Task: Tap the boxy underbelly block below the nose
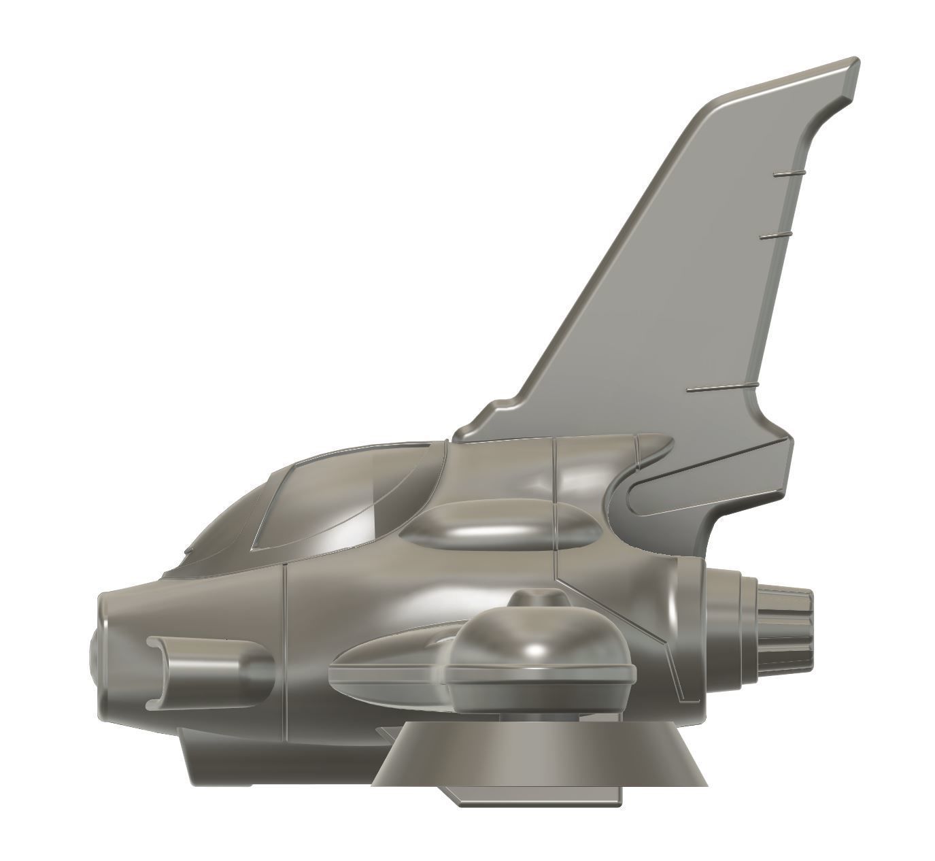[272, 755]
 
